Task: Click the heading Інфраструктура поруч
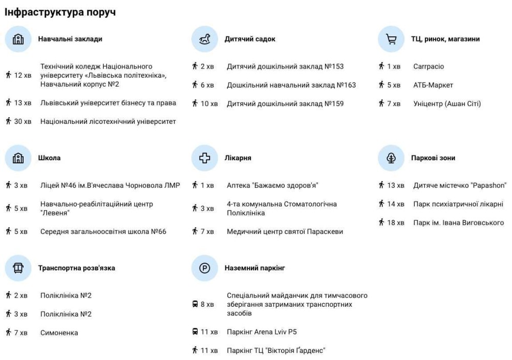[x=60, y=12]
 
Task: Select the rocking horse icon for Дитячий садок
[x=205, y=39]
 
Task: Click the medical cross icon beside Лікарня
[x=205, y=158]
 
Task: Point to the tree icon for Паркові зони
[x=391, y=158]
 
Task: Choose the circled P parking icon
[x=205, y=268]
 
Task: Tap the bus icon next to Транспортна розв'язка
[x=18, y=268]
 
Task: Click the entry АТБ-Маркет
[x=433, y=85]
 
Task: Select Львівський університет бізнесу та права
[x=108, y=103]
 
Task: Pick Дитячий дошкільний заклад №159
[x=285, y=103]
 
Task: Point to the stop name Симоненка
[x=59, y=333]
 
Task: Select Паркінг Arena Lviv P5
[x=262, y=332]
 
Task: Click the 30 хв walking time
[x=23, y=122]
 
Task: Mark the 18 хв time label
[x=395, y=223]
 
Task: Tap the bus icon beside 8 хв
[x=195, y=304]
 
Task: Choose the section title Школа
[x=49, y=158]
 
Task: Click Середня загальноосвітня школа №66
[x=103, y=231]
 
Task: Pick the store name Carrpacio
[x=429, y=67]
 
